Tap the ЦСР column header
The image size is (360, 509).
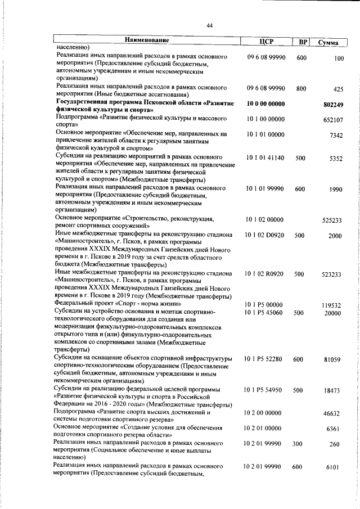(x=266, y=41)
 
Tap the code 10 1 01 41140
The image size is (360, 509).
(x=265, y=159)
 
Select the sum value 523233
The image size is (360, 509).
(x=333, y=274)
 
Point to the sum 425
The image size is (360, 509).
(x=338, y=89)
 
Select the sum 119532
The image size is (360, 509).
(x=333, y=305)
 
